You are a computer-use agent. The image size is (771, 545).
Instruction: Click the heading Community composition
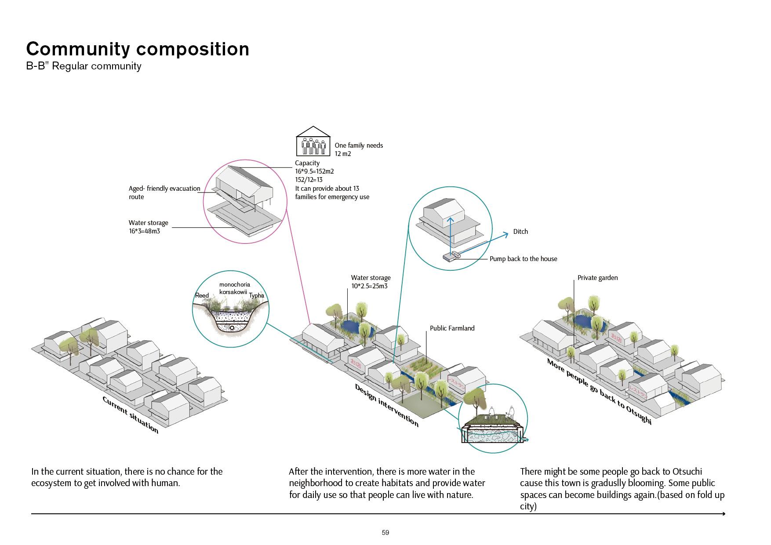138,49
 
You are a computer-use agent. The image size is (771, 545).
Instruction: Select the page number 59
385,533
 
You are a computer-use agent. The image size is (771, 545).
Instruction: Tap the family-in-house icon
313,142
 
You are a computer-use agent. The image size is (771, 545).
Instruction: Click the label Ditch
520,232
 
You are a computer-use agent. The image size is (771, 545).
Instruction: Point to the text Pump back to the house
523,259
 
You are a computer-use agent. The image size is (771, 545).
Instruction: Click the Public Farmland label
452,328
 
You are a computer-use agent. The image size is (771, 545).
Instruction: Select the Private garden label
597,278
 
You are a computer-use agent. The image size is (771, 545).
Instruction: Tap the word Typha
257,295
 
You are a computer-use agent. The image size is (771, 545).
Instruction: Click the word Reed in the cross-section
202,295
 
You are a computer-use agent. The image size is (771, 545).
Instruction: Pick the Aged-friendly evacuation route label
164,193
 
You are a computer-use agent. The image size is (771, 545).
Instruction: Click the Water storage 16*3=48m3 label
148,227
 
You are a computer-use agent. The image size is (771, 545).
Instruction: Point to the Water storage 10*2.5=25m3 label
371,282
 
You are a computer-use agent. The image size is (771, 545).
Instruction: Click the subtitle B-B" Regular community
84,66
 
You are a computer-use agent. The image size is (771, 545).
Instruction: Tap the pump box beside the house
448,257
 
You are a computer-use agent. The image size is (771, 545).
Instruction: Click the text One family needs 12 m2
358,149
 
